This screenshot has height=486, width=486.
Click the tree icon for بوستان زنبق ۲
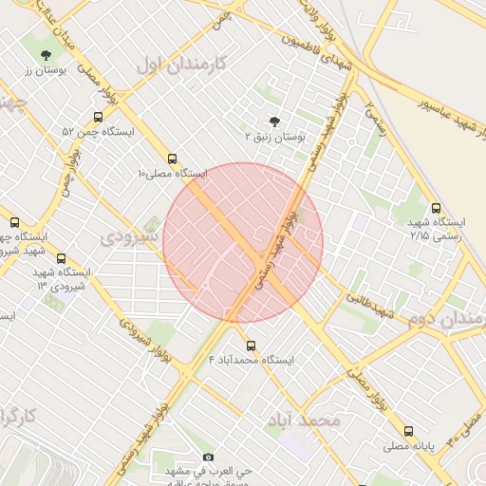pyautogui.click(x=275, y=121)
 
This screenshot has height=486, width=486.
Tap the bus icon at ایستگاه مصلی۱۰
pyautogui.click(x=172, y=159)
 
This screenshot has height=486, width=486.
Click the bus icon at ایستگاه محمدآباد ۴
pyautogui.click(x=251, y=346)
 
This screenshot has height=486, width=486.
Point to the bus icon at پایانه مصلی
pyautogui.click(x=408, y=430)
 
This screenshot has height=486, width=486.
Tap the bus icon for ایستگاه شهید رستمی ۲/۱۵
pyautogui.click(x=436, y=208)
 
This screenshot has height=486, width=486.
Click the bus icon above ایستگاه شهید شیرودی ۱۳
pyautogui.click(x=62, y=258)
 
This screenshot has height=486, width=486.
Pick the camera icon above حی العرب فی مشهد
pyautogui.click(x=209, y=457)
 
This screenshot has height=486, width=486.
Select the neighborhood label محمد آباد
pyautogui.click(x=305, y=420)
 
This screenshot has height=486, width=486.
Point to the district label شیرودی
pyautogui.click(x=127, y=234)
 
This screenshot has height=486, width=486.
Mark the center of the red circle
pyautogui.click(x=243, y=242)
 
